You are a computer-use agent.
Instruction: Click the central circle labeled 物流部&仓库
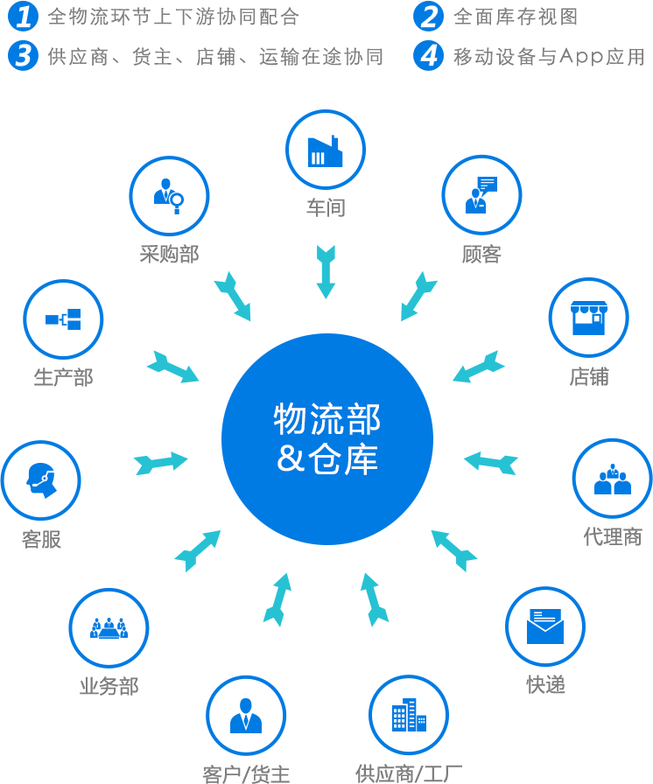click(326, 439)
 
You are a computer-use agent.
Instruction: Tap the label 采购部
click(169, 254)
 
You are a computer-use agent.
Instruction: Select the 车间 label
click(326, 207)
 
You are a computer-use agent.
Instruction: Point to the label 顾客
click(481, 254)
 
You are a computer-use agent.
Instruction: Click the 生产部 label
click(63, 377)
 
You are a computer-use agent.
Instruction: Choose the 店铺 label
click(589, 377)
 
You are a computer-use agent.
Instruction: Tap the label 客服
click(41, 539)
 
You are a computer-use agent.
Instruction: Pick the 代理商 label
click(613, 536)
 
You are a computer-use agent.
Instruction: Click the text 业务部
click(109, 686)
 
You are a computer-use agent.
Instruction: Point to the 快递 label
click(545, 684)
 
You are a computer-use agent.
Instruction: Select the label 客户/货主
click(246, 773)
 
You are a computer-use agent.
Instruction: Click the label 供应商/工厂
click(408, 773)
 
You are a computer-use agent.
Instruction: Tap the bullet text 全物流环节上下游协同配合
click(173, 17)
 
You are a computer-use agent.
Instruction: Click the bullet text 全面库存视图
click(516, 17)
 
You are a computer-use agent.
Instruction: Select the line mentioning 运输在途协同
click(215, 57)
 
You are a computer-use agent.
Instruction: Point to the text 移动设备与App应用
click(549, 57)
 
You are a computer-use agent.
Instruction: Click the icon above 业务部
click(109, 627)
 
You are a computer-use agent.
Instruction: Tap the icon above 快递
click(546, 626)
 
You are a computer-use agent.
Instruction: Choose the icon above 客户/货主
click(248, 715)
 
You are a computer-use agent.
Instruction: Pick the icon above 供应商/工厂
click(402, 715)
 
